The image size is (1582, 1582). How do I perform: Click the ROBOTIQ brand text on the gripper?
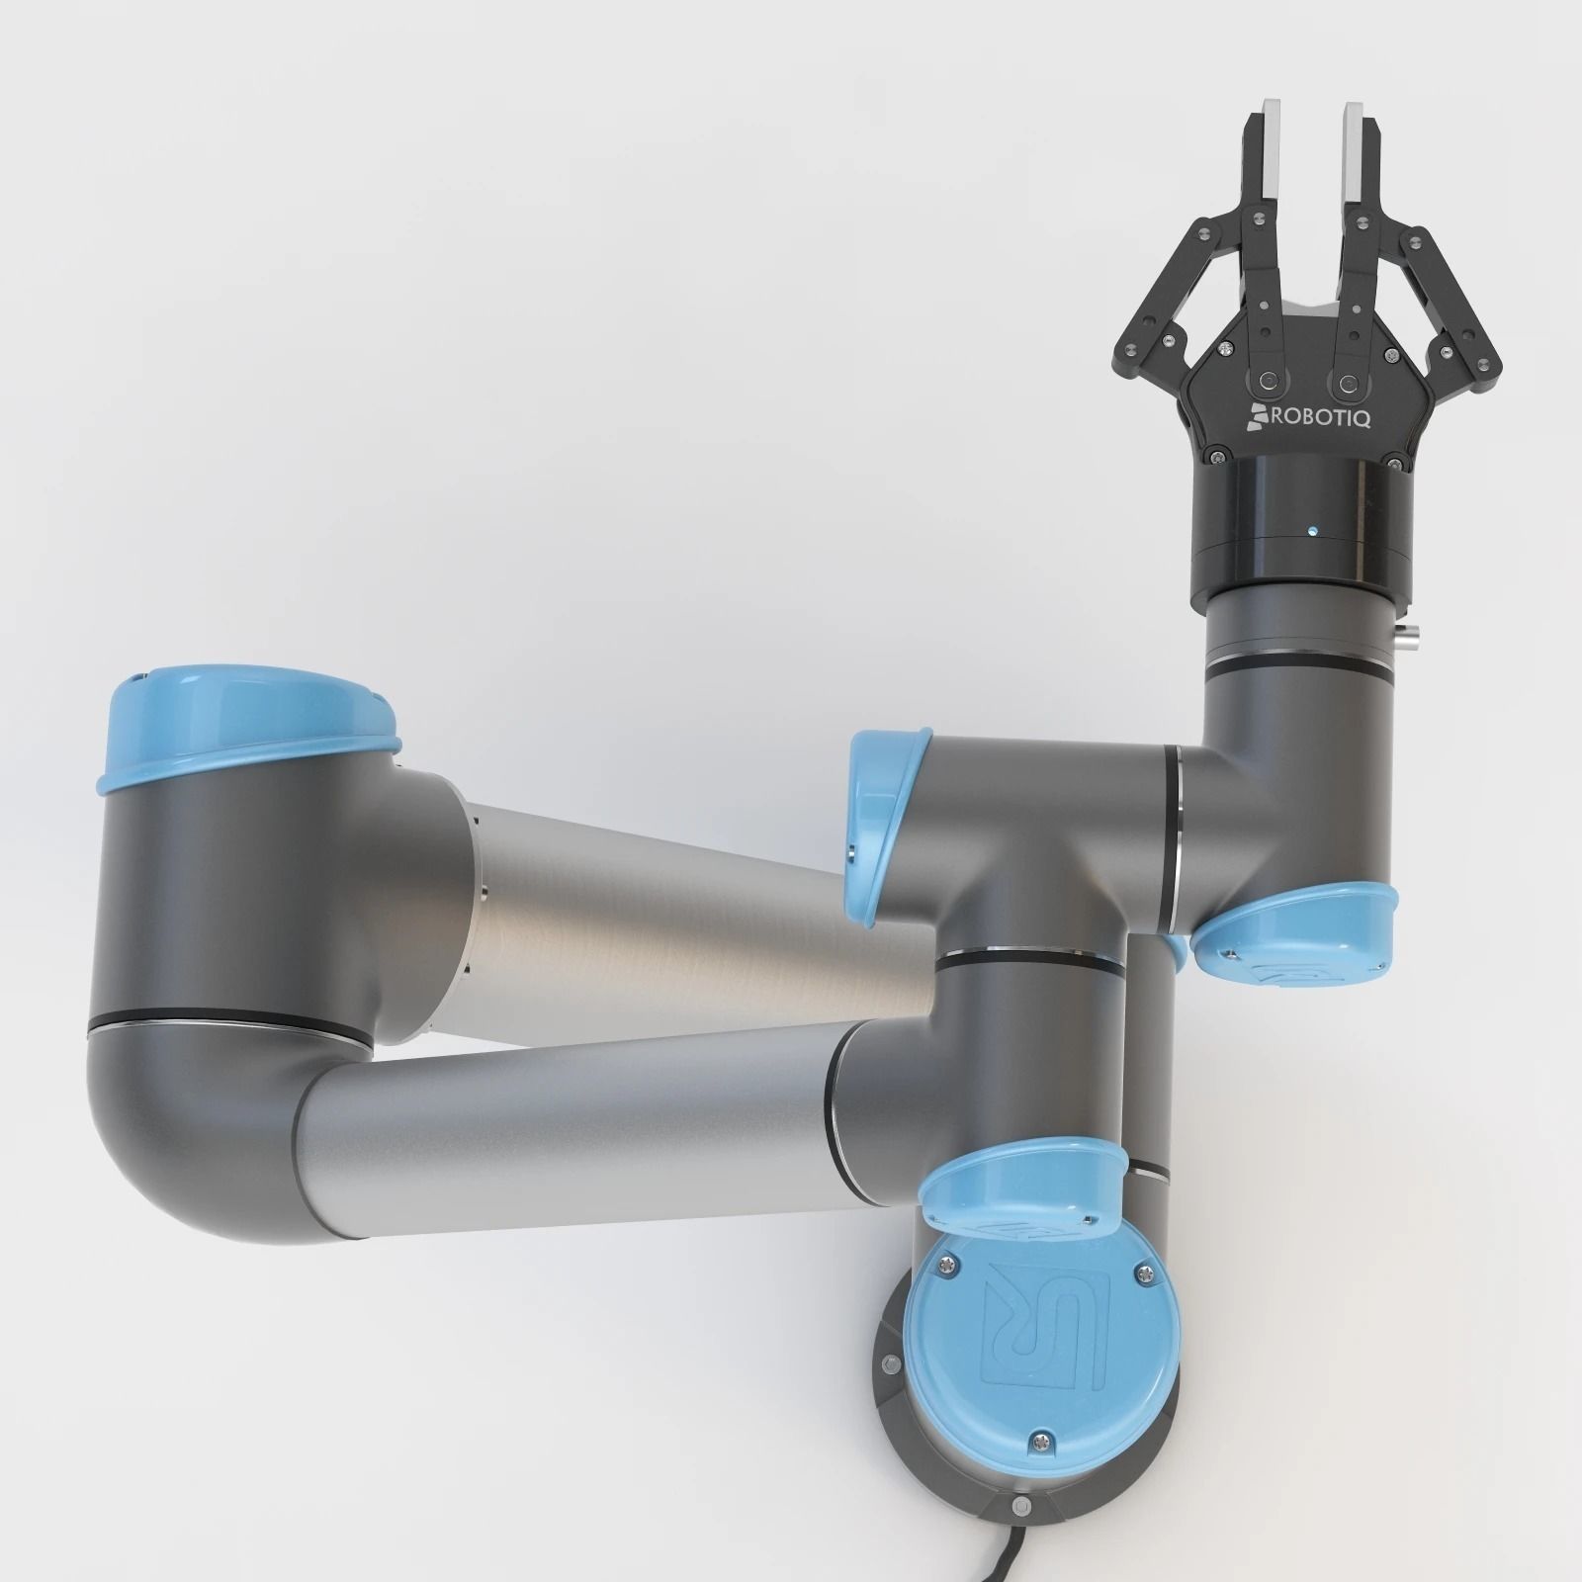click(1321, 418)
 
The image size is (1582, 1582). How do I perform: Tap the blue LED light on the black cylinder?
click(1311, 532)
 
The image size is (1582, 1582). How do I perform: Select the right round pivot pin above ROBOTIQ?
click(1345, 381)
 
